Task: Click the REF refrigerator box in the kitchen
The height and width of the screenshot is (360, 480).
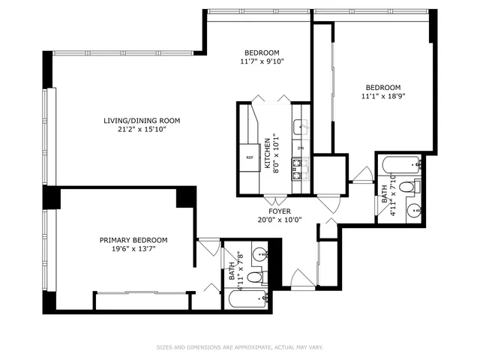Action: tap(250, 157)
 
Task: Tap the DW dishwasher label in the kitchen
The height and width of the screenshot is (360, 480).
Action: tap(300, 148)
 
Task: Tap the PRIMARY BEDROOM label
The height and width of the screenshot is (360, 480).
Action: tap(133, 240)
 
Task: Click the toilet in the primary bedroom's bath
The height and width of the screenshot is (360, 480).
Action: tap(254, 278)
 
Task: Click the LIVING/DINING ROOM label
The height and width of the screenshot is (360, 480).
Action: tap(142, 120)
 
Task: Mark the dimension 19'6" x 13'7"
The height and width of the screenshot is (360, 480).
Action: tap(133, 250)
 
